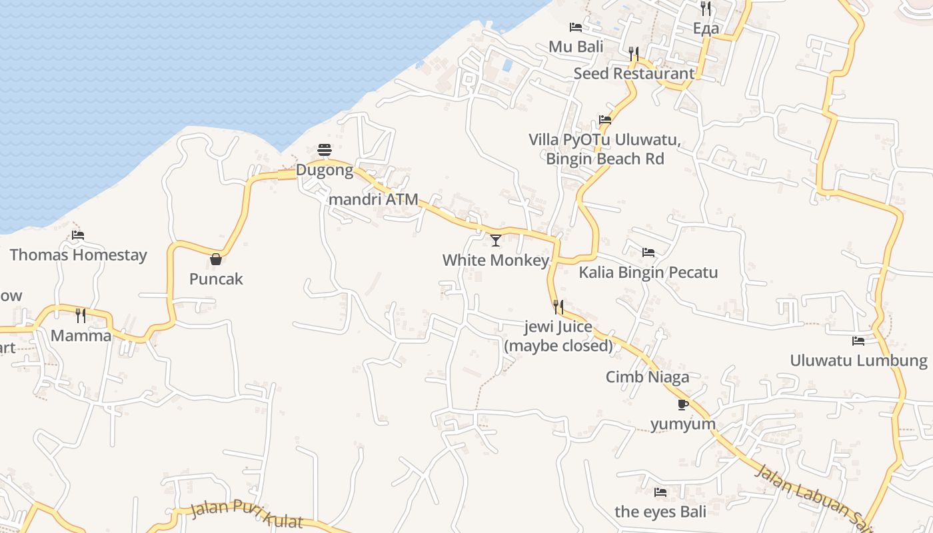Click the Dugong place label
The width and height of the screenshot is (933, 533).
pos(325,170)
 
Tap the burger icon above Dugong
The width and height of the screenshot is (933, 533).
pos(325,150)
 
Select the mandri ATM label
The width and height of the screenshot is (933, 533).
pos(374,199)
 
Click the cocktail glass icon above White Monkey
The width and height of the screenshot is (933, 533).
pos(495,241)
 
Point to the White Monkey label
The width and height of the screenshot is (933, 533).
pos(496,260)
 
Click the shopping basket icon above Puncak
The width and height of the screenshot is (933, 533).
pos(216,259)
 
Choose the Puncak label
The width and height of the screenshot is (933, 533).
pos(216,278)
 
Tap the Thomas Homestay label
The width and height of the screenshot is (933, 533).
pos(78,255)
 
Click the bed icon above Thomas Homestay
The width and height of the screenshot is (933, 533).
pos(78,235)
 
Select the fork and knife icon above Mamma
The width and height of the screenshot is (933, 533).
pos(81,315)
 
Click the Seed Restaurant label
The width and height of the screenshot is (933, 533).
pos(634,73)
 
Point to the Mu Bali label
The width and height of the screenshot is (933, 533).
pos(576,47)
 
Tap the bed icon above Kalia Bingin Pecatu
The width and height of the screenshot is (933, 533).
pos(648,253)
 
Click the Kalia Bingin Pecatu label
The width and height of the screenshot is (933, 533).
pos(648,272)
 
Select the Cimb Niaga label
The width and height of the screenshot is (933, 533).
pos(647,377)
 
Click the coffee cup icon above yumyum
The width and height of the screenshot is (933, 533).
pos(682,404)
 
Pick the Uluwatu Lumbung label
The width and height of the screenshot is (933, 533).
pos(858,360)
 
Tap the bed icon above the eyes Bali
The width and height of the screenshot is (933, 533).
pos(660,492)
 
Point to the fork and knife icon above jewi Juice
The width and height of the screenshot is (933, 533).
pos(558,307)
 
